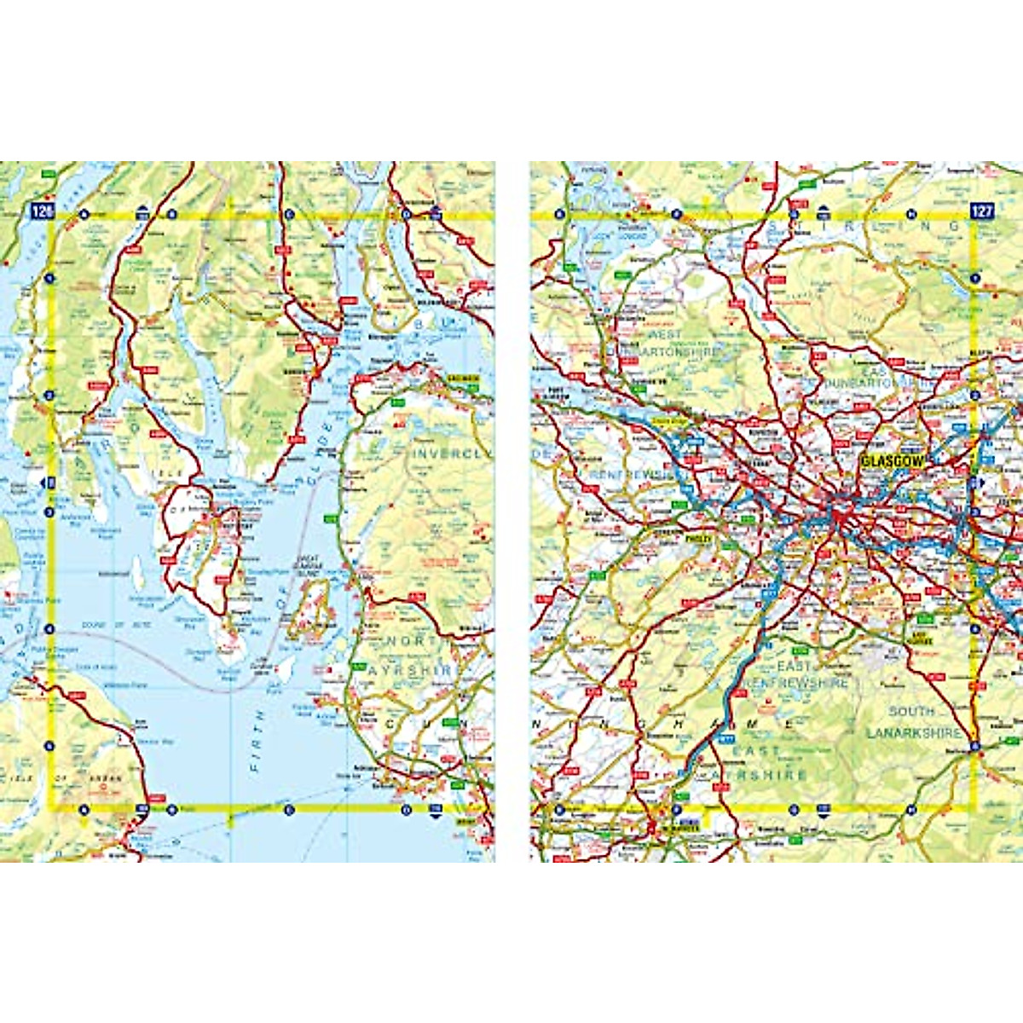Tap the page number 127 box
(982, 211)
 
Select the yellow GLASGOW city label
(892, 461)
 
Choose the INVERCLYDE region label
(452, 454)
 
